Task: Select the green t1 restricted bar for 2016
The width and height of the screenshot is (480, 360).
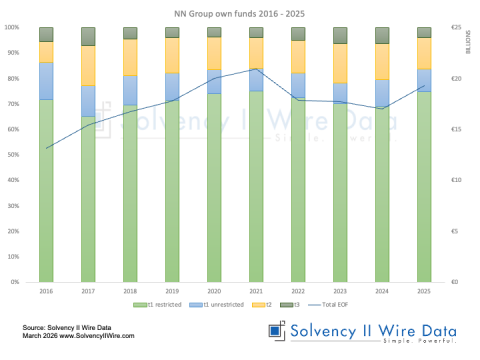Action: click(47, 190)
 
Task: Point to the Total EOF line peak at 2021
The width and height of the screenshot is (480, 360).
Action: click(256, 69)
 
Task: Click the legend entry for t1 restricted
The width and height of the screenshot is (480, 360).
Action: click(159, 303)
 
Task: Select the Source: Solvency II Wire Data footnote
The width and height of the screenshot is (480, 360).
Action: click(68, 327)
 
